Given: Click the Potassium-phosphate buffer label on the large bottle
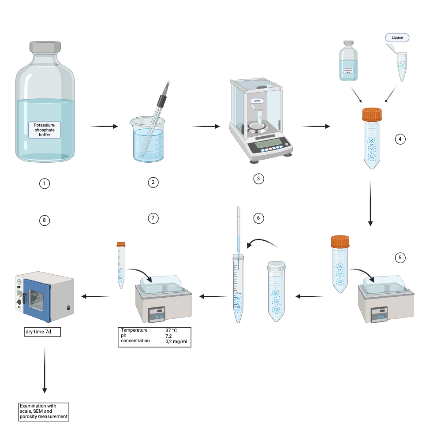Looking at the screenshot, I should (x=45, y=130).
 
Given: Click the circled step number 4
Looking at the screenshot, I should (x=400, y=139).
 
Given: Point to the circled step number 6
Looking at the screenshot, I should (x=259, y=218).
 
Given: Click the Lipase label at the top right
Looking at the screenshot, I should (x=397, y=38).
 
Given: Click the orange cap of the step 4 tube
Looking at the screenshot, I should (x=371, y=115).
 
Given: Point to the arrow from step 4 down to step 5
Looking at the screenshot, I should (x=370, y=203).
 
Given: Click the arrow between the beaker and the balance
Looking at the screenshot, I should (x=206, y=127).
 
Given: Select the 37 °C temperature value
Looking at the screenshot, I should (x=171, y=330).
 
